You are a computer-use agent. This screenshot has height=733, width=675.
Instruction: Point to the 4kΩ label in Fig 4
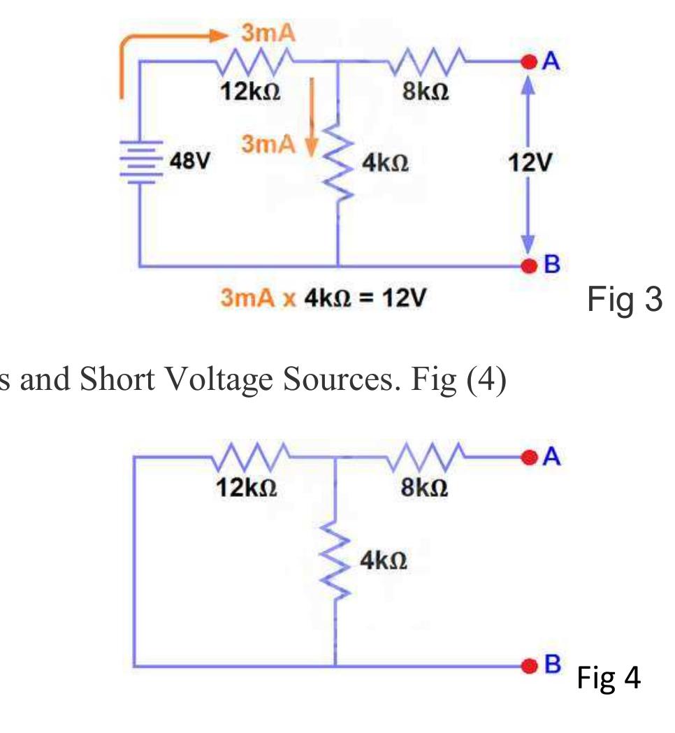(384, 560)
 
